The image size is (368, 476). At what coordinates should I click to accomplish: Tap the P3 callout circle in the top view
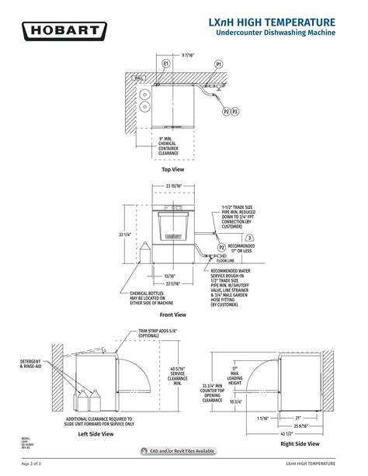click(x=235, y=112)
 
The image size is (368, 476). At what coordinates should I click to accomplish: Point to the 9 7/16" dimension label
click(x=189, y=55)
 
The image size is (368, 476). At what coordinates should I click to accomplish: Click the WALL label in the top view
click(x=139, y=78)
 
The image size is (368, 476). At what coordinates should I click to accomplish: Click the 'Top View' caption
click(x=172, y=169)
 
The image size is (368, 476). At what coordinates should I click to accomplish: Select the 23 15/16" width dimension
click(x=174, y=186)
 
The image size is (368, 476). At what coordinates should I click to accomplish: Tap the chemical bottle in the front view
click(x=144, y=255)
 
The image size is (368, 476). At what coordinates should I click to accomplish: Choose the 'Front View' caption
click(x=173, y=314)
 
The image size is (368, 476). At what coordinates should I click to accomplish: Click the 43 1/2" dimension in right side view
click(x=286, y=433)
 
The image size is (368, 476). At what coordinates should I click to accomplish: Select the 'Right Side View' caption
click(x=299, y=444)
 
